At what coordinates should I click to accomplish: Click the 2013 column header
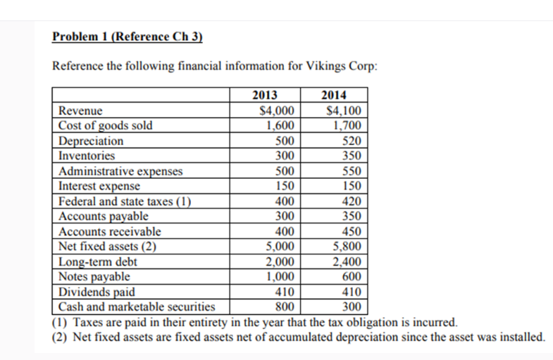[x=264, y=96]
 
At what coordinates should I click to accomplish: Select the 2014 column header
[x=333, y=96]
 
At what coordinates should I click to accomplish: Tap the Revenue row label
[x=80, y=111]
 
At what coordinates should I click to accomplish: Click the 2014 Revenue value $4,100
[x=344, y=111]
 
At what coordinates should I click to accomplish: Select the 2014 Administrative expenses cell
[x=350, y=171]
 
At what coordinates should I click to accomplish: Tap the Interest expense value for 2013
[x=284, y=186]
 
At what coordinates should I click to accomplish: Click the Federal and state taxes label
[x=125, y=201]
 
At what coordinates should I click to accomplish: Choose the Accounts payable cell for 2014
[x=350, y=216]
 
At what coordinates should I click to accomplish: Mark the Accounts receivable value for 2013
[x=284, y=231]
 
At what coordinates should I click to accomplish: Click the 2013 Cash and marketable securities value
[x=284, y=306]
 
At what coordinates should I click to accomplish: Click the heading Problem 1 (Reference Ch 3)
[x=128, y=37]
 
